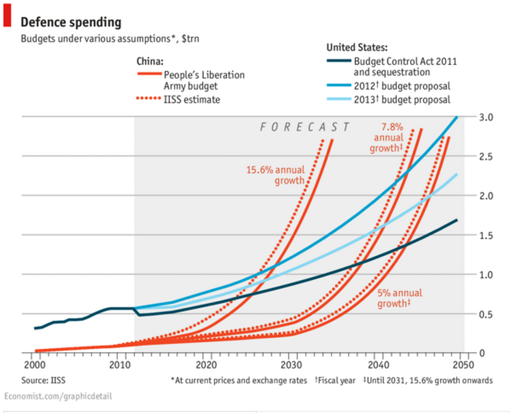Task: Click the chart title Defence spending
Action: tap(70, 22)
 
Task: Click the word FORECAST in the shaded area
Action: tap(305, 127)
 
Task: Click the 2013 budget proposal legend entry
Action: tap(402, 100)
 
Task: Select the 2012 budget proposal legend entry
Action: tap(402, 86)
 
